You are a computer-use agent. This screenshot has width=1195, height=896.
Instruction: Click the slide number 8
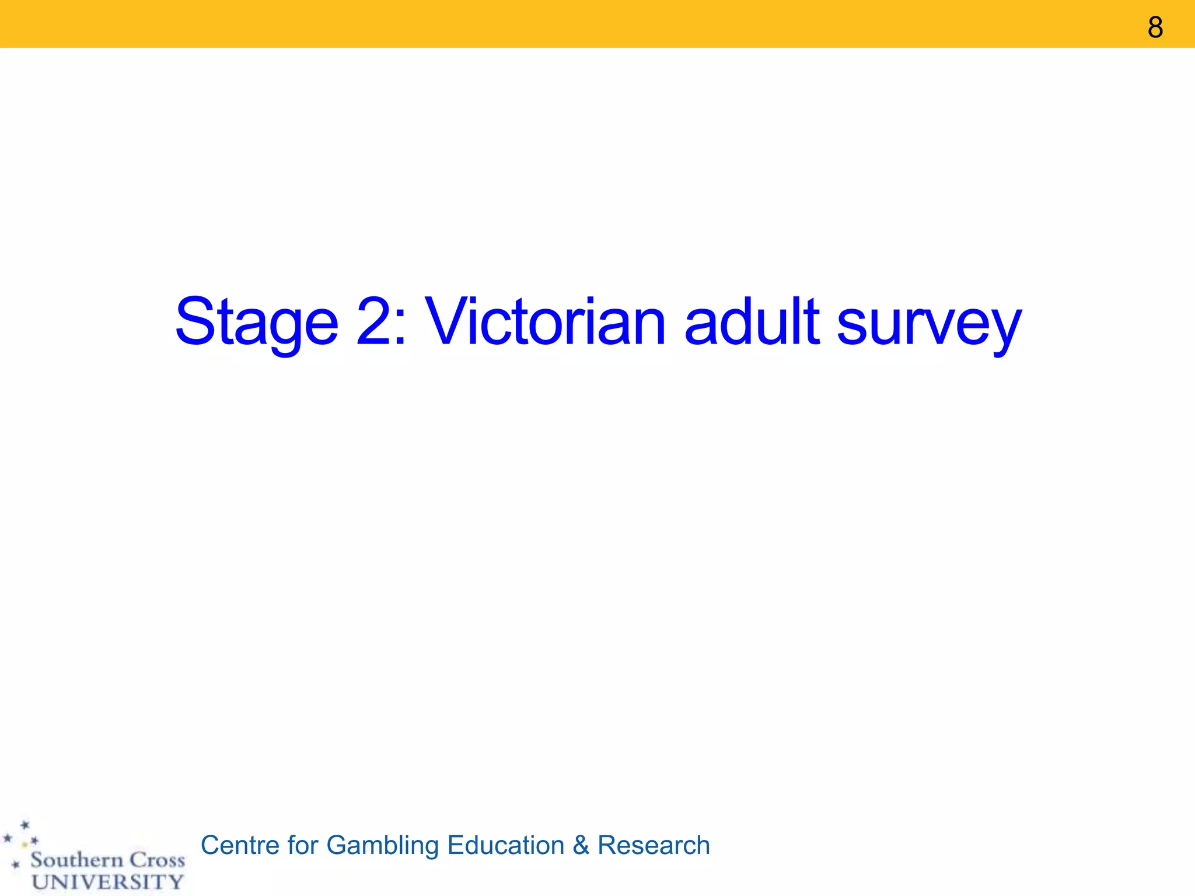(x=1155, y=27)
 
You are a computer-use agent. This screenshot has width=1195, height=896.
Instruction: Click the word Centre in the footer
(x=240, y=845)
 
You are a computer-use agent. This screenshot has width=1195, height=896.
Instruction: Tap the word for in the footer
(x=302, y=845)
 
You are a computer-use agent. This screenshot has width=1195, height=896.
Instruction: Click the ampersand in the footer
(x=581, y=845)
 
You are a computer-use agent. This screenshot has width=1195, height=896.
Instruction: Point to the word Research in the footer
(x=654, y=845)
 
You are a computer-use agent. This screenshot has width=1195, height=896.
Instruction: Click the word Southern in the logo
(x=76, y=860)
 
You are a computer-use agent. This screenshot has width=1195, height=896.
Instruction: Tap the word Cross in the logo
(x=157, y=860)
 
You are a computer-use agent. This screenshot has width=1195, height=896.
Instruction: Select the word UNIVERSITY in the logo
(x=108, y=882)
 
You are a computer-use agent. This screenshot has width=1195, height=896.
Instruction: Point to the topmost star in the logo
(x=25, y=825)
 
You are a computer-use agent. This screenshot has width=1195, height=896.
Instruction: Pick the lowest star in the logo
(x=16, y=864)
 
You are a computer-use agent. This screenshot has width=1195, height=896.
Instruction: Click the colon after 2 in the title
(x=400, y=330)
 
